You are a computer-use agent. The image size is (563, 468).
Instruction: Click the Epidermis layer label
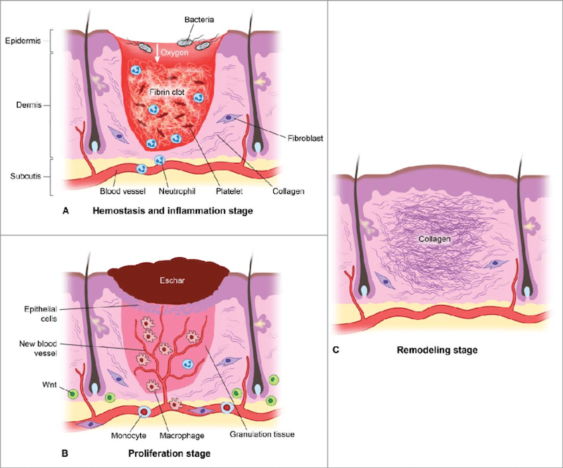(x=23, y=41)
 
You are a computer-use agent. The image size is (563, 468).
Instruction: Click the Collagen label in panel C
(x=434, y=240)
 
